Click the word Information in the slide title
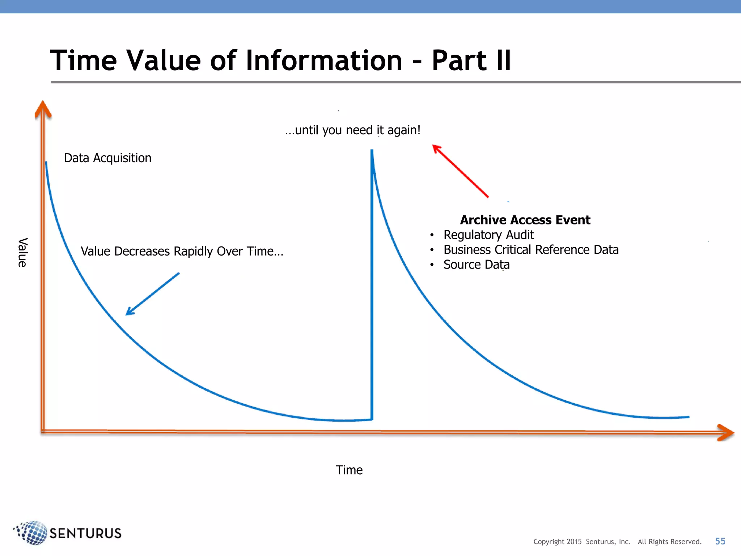point(324,60)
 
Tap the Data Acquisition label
point(107,158)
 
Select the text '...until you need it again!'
point(353,130)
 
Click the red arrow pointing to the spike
point(460,170)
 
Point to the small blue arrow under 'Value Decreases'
point(152,294)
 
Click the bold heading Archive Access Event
point(525,220)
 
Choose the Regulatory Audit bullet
point(488,235)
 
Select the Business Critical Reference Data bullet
point(531,250)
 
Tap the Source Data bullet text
point(476,265)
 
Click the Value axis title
point(22,252)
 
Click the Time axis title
point(349,470)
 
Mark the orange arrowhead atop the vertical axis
point(43,110)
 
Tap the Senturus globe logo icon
point(32,532)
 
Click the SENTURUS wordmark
point(85,533)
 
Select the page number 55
point(720,541)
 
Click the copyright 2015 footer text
point(617,542)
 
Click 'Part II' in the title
point(471,60)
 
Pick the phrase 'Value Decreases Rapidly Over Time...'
point(182,251)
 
